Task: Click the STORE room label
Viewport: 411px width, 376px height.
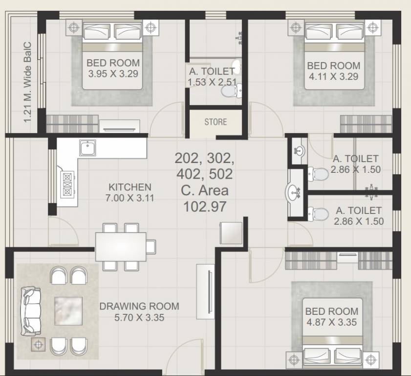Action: coord(216,121)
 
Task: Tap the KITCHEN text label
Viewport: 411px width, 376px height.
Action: coord(130,187)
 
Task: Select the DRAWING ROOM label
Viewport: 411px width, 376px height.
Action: coord(139,306)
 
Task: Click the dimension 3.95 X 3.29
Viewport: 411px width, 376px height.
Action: coord(113,74)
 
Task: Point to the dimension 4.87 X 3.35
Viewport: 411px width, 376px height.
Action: coord(331,322)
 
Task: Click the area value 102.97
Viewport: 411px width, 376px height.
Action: coord(205,207)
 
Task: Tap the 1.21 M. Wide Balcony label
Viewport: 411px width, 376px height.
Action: coord(27,81)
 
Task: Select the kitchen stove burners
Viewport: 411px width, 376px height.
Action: coord(67,183)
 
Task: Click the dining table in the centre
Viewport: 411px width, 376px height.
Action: coord(121,247)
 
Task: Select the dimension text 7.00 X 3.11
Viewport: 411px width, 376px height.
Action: coord(130,198)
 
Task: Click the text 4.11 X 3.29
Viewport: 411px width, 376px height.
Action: coord(333,76)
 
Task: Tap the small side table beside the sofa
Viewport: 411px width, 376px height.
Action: coord(38,345)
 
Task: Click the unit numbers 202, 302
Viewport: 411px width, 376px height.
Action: coord(205,159)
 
